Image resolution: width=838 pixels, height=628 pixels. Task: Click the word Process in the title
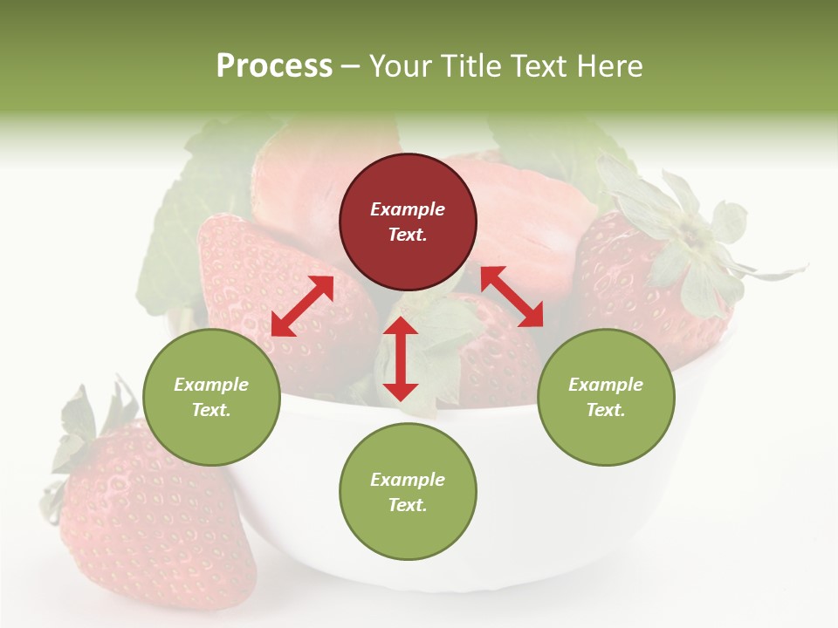point(274,66)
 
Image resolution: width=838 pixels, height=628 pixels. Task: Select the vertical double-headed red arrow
point(401,359)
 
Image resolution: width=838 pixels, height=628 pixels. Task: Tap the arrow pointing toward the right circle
point(512,297)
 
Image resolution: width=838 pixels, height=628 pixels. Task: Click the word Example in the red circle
point(408,209)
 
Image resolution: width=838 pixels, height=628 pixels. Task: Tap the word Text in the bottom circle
point(406,505)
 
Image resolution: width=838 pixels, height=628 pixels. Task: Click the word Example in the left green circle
point(211,385)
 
